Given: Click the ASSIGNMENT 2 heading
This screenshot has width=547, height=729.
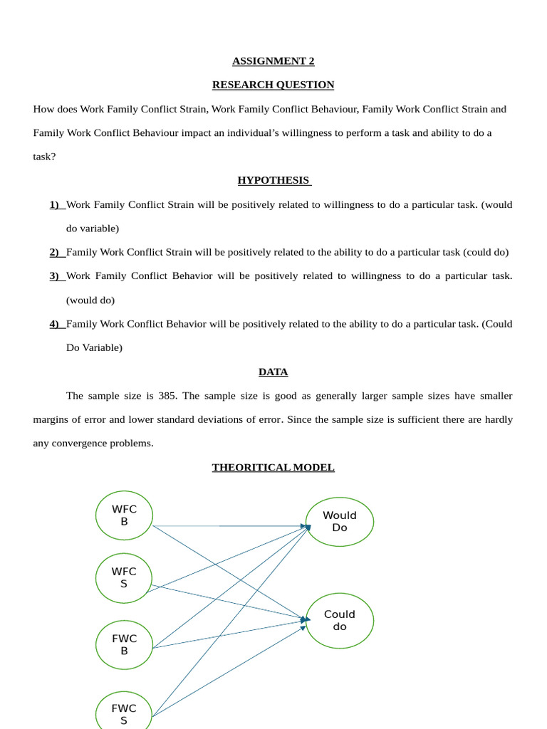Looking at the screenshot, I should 273,61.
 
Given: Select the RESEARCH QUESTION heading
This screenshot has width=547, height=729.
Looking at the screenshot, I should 273,85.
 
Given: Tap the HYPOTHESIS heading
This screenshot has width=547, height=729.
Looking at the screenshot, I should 274,180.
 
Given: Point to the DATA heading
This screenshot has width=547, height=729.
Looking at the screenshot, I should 273,372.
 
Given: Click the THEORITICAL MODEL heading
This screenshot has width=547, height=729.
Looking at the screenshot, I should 273,467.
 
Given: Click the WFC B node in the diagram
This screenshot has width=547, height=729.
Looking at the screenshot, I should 124,515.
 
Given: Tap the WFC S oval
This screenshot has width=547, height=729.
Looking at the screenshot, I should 124,577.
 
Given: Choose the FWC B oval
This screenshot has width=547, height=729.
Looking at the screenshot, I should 124,644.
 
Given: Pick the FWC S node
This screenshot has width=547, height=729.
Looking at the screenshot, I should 124,713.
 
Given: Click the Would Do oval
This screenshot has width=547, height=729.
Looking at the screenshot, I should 340,521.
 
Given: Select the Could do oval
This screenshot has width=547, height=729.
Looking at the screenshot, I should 340,620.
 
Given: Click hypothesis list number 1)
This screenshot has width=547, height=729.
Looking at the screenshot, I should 56,204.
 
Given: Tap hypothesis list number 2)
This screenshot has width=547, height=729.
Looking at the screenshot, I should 56,252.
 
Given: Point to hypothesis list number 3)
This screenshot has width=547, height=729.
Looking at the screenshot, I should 56,276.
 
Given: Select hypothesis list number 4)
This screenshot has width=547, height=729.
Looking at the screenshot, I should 56,324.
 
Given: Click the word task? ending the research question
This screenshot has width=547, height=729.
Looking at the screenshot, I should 44,157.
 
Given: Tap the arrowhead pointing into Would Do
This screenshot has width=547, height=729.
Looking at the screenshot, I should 307,528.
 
